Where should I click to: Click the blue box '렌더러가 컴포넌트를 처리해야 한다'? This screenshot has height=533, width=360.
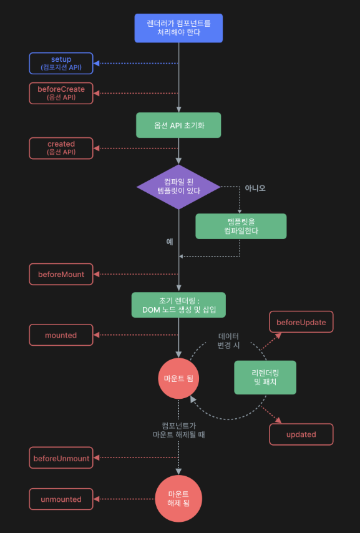coord(178,27)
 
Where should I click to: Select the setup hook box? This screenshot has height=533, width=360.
coord(61,63)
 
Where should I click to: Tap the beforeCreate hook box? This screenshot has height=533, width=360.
coord(61,93)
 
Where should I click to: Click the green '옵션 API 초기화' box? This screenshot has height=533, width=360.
coord(178,125)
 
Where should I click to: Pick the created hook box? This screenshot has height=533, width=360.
coord(61,148)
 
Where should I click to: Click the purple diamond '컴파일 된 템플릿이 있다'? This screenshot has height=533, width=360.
coord(178,187)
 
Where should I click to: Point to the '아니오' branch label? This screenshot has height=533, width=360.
coord(255,188)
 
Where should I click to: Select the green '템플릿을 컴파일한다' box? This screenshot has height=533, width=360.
coord(240,226)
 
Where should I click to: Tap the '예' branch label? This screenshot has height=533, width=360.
coord(169,242)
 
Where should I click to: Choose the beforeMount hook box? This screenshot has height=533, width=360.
coord(61,274)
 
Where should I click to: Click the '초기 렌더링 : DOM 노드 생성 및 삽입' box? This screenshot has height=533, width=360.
coord(178,305)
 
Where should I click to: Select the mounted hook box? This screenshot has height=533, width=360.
coord(61,335)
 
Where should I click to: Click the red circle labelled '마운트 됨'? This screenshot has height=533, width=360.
coord(178,378)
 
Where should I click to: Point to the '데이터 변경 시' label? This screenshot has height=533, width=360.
coord(228,341)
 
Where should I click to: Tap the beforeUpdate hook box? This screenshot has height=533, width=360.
coord(301,322)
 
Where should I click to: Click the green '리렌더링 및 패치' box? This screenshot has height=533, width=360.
coord(265,377)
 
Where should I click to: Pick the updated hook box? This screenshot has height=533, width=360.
coord(301,434)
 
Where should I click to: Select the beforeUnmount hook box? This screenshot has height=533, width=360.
coord(61,459)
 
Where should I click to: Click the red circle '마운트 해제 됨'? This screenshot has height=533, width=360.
coord(178,498)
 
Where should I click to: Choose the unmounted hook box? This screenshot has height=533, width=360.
coord(61,499)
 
